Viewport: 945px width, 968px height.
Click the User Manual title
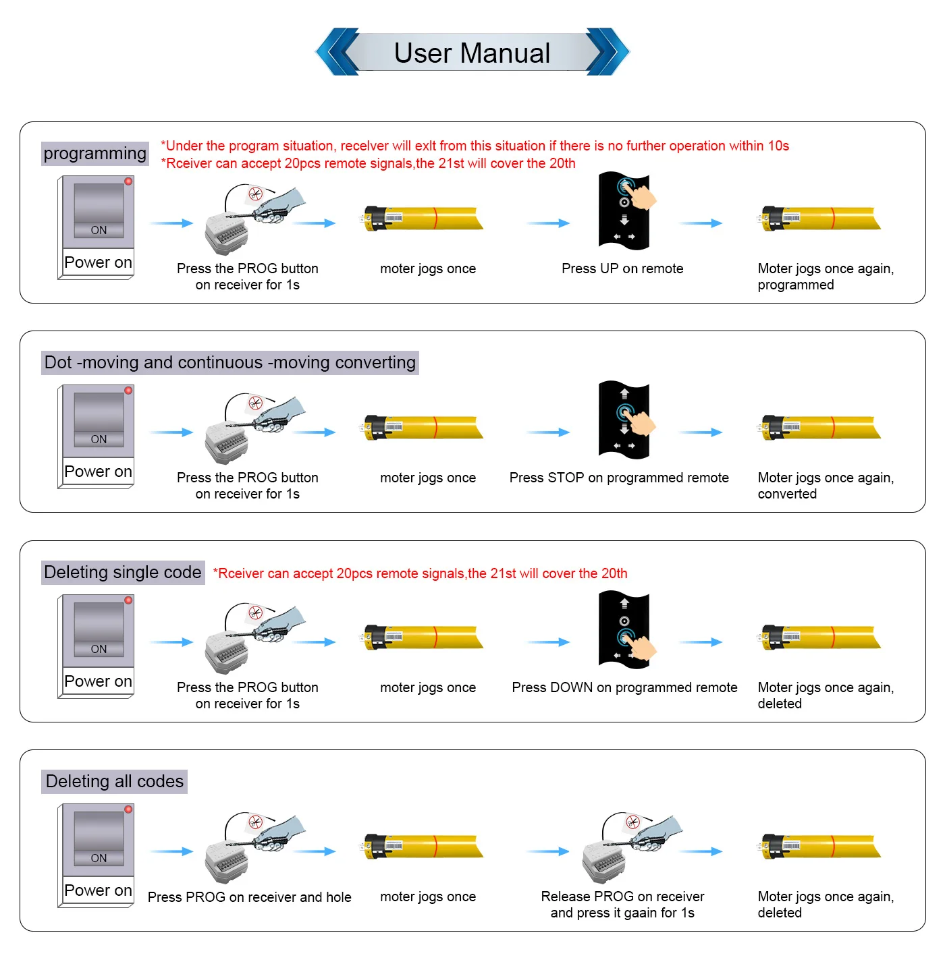[472, 53]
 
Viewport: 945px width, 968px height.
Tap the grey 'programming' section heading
[94, 154]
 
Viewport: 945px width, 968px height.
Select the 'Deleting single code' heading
[123, 573]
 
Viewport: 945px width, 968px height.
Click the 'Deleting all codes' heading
[115, 782]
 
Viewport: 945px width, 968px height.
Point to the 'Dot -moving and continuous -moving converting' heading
[230, 363]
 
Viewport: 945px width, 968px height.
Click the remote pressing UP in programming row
[624, 210]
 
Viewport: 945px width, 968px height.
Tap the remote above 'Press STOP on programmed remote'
[624, 420]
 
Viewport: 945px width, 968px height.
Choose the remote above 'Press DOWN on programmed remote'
[624, 629]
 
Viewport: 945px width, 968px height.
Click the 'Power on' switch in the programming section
[97, 227]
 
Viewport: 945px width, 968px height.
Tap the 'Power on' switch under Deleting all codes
[97, 855]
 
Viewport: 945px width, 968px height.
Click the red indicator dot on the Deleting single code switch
[128, 600]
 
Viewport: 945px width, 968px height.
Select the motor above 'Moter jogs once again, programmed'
[821, 219]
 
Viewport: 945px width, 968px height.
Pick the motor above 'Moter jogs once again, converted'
[821, 428]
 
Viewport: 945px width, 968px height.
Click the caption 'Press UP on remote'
[622, 268]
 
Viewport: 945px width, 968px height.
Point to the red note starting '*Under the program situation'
[475, 146]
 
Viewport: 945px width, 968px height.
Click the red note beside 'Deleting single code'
[420, 573]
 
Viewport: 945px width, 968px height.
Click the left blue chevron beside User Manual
[339, 52]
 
